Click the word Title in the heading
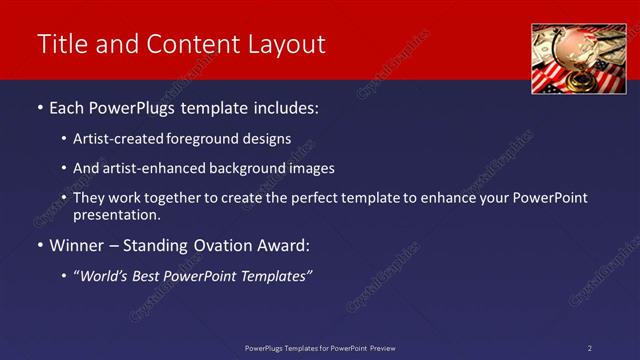[61, 44]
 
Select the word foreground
[212, 138]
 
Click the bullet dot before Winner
[40, 245]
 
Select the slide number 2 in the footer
[589, 348]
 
